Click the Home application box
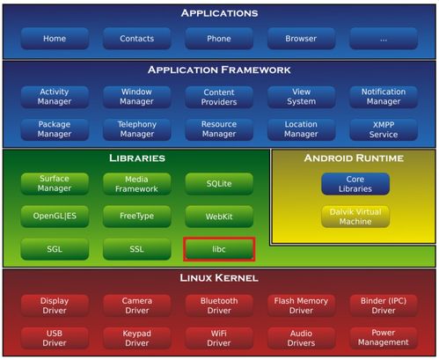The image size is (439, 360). click(55, 39)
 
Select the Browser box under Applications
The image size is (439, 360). click(301, 39)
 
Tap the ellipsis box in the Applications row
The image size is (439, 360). click(384, 39)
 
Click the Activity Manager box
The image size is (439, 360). click(55, 97)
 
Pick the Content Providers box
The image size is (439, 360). click(219, 97)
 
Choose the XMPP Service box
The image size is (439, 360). click(384, 129)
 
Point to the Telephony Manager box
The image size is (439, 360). click(137, 129)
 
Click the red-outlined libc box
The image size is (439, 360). click(219, 249)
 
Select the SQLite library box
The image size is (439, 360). click(219, 184)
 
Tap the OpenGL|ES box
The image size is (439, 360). click(55, 217)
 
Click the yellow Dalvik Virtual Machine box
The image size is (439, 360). click(355, 217)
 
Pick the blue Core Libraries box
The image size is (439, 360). click(355, 184)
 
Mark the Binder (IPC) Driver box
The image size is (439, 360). click(384, 305)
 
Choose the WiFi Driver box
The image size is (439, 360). click(219, 338)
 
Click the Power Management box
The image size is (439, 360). click(384, 338)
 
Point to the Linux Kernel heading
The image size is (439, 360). click(219, 277)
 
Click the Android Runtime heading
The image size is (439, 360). click(354, 158)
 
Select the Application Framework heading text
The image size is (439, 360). click(219, 70)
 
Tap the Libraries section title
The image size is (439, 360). click(137, 158)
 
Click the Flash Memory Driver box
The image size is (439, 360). click(301, 305)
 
